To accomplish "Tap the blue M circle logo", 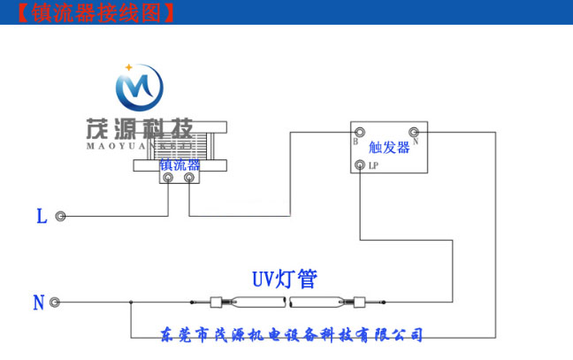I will [139, 88].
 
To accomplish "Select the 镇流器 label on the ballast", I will [180, 165].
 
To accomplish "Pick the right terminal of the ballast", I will [188, 178].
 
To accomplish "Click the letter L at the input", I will [42, 216].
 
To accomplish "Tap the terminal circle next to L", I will [60, 216].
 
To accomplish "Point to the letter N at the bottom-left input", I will [38, 303].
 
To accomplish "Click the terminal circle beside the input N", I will [55, 303].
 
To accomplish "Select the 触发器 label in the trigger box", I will [389, 148].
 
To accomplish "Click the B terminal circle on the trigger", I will [360, 132].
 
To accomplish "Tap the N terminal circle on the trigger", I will [412, 132].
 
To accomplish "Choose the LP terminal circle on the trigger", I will [360, 165].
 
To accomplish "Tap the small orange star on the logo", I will [129, 66].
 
